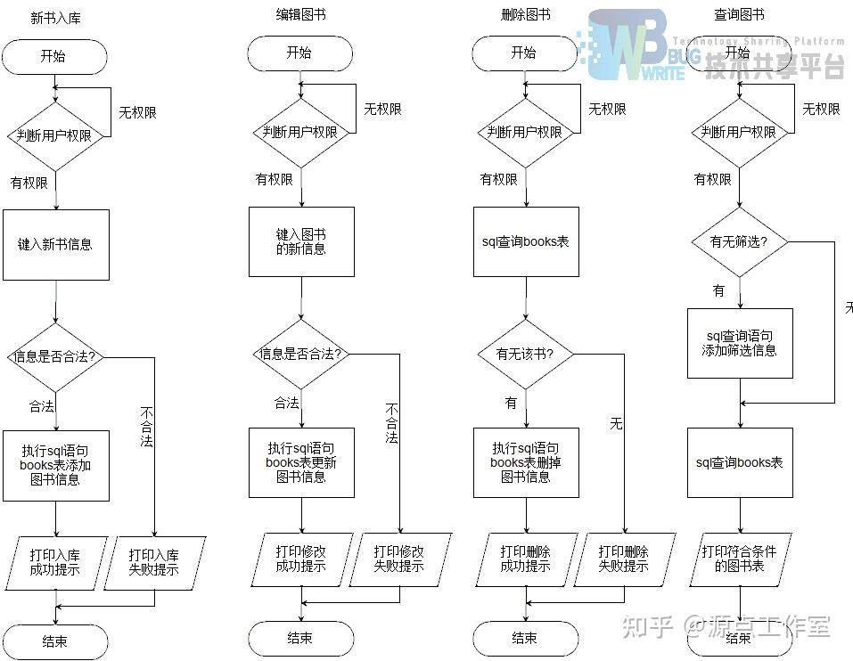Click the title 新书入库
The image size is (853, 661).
[56, 18]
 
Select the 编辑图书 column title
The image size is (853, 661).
[300, 15]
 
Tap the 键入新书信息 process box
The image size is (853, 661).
[55, 244]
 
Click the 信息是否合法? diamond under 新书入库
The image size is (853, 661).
[55, 356]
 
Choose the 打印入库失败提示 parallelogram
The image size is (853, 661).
[154, 562]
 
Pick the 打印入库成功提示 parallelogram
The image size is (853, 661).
[55, 562]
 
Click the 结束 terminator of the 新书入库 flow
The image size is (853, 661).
[54, 641]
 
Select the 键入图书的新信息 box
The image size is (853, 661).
[301, 242]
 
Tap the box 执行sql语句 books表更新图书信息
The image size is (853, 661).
[301, 462]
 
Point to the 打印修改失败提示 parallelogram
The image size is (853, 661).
[399, 559]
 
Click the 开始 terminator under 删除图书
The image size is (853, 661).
[524, 53]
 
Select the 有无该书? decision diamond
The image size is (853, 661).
[525, 354]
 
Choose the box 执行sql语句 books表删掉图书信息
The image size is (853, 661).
[526, 462]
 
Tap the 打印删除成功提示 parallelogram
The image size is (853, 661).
[526, 559]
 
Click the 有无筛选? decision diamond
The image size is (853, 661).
[739, 241]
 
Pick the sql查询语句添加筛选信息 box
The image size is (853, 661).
[740, 343]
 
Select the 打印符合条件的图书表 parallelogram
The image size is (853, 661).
[740, 559]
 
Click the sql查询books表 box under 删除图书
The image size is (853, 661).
[526, 241]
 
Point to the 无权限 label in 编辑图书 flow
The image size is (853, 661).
[382, 110]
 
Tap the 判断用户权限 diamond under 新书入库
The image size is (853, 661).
[55, 135]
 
